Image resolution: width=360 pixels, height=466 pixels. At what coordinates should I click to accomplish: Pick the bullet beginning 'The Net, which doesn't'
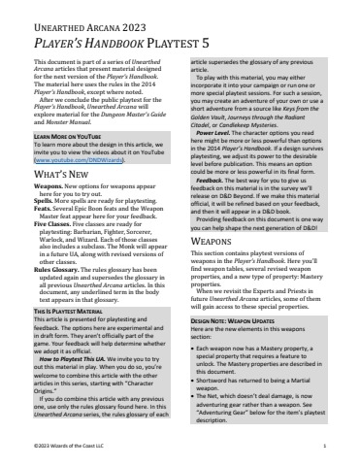262,428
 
